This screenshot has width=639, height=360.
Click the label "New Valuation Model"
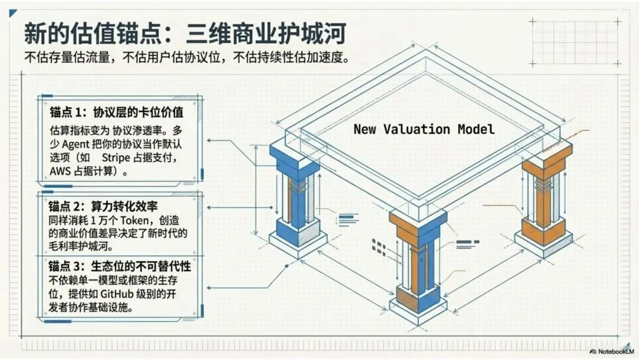tap(423, 128)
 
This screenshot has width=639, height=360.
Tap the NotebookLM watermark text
tap(615, 351)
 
